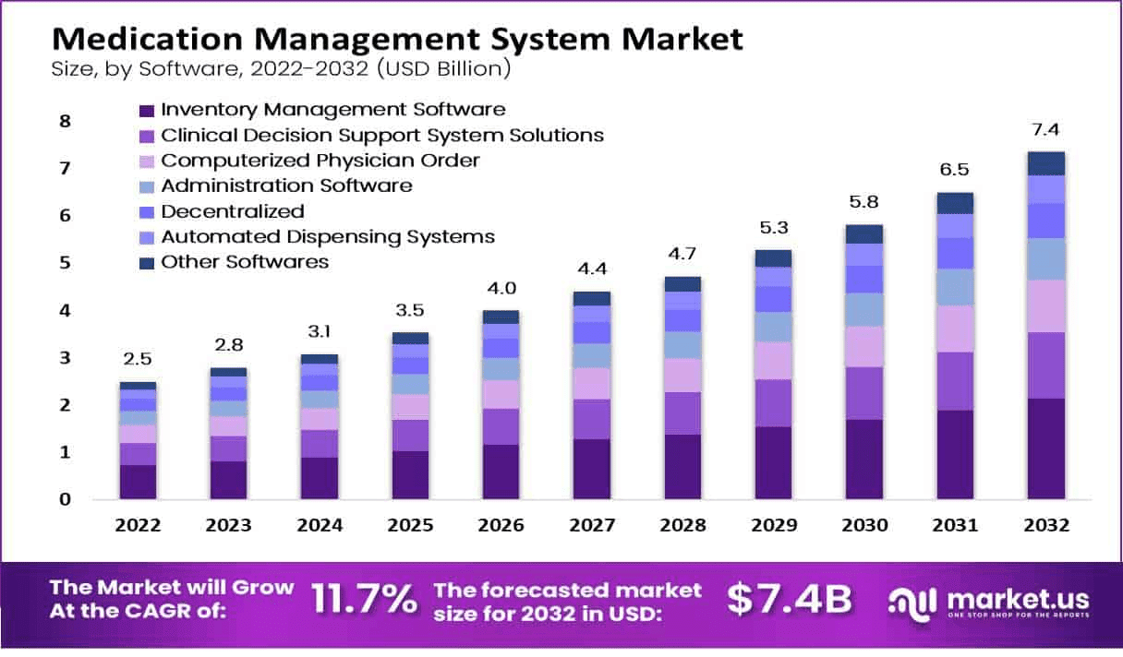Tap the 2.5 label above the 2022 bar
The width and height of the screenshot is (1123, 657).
click(x=138, y=358)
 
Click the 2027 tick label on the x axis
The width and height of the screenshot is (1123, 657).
click(x=591, y=525)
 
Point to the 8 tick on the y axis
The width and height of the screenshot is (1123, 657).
click(x=65, y=121)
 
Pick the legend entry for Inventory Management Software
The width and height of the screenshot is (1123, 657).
click(x=332, y=110)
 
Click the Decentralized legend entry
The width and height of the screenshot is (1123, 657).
click(x=232, y=211)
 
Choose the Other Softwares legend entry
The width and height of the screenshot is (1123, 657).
click(x=245, y=262)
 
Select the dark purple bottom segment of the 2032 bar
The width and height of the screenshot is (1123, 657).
click(x=1045, y=448)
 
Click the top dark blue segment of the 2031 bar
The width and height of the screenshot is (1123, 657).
click(x=954, y=203)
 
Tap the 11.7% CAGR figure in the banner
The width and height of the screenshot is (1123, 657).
click(x=364, y=600)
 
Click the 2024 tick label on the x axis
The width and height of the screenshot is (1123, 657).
click(x=320, y=525)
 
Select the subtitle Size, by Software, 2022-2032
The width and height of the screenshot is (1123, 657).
click(x=281, y=70)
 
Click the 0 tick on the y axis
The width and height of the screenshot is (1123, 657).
click(x=65, y=499)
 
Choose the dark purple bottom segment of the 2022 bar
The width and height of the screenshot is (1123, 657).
click(x=138, y=482)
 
